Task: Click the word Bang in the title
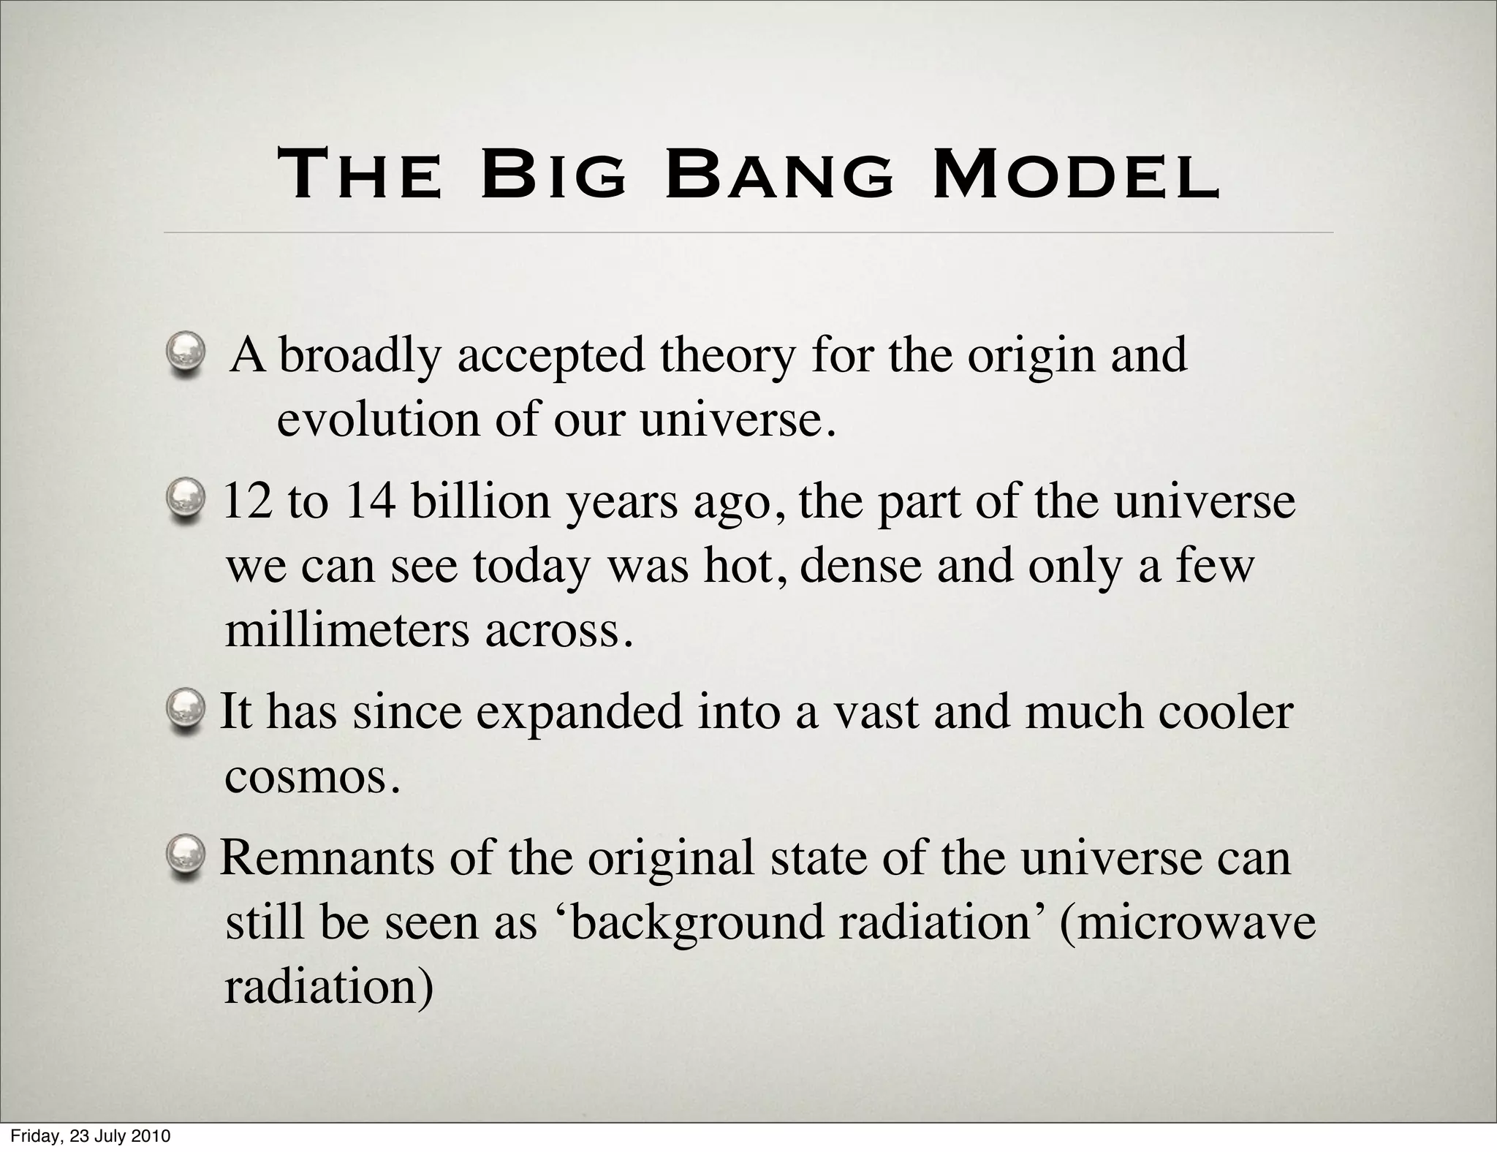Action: click(x=779, y=177)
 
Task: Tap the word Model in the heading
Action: click(x=1076, y=177)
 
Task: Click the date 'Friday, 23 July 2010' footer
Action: click(x=91, y=1137)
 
